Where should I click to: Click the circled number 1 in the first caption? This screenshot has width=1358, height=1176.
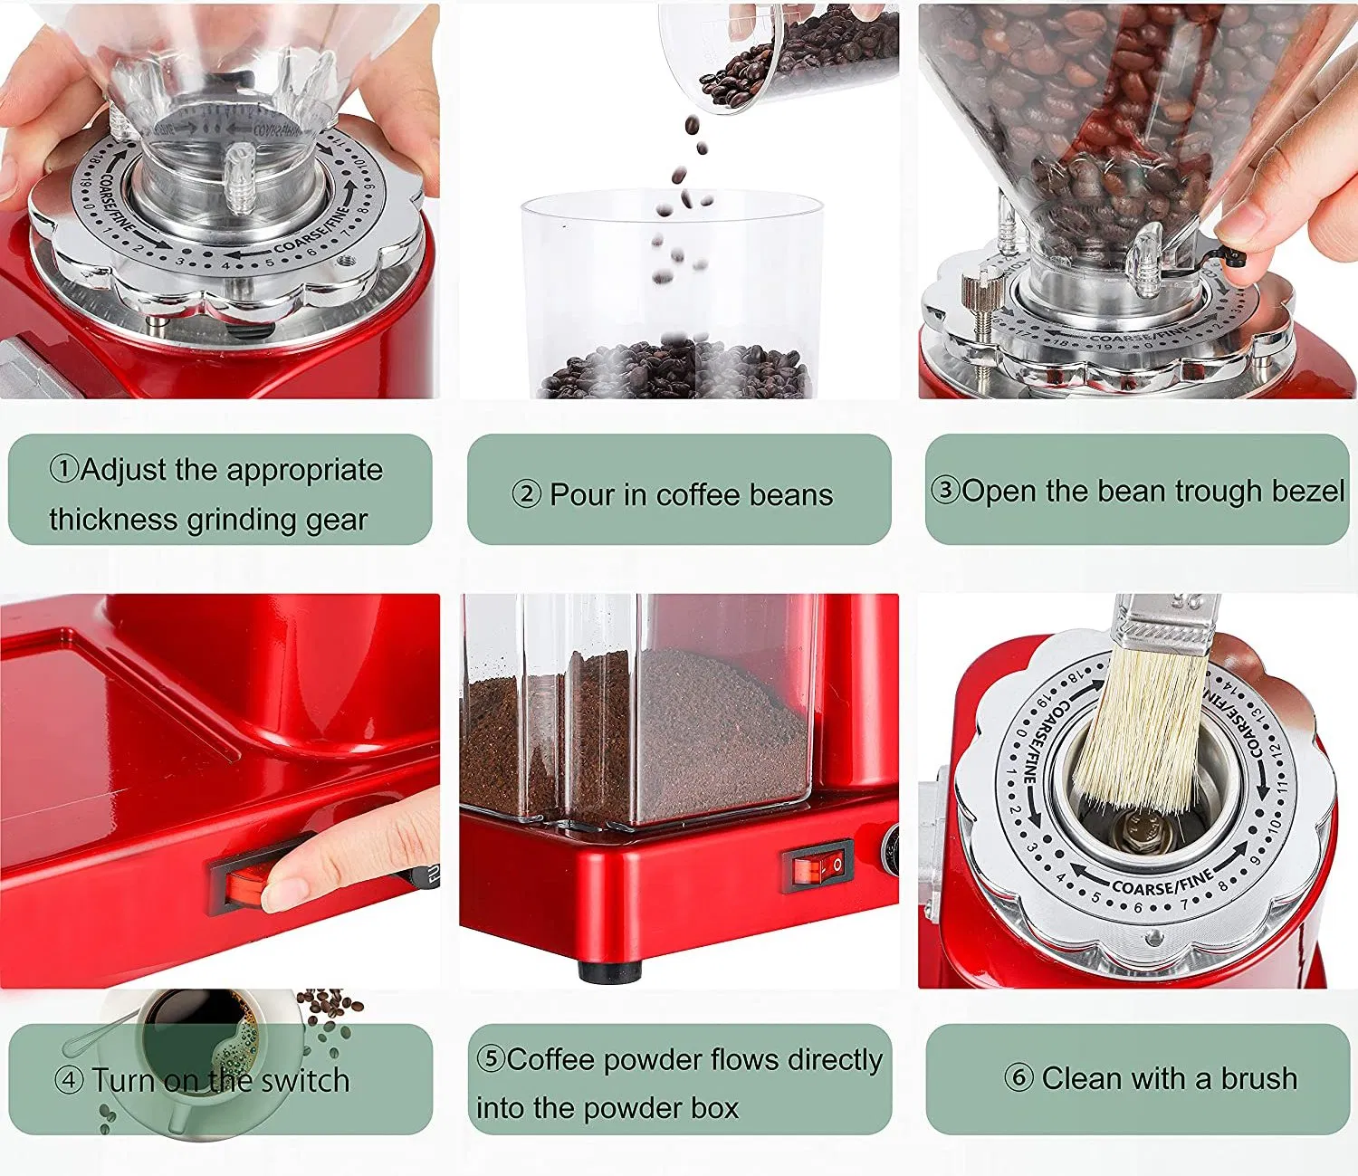(64, 469)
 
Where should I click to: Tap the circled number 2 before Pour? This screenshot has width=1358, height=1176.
(526, 494)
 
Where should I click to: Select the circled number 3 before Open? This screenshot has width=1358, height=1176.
(945, 490)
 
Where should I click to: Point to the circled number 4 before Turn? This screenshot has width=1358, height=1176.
(69, 1079)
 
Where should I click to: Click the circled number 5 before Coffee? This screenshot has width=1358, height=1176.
(490, 1058)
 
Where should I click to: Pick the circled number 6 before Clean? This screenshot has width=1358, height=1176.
(1018, 1077)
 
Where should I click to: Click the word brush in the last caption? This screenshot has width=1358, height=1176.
(1259, 1078)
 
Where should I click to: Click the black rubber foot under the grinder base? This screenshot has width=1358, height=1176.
(609, 972)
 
